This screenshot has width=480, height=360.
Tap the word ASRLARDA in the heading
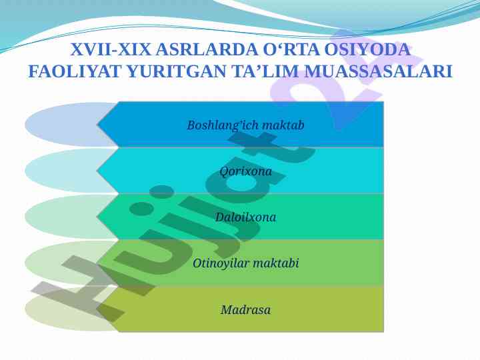207,49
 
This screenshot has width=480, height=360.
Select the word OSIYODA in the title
367,49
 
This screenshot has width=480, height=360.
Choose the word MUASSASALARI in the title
378,71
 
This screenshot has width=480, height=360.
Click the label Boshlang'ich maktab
245,125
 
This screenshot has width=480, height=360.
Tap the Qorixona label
245,171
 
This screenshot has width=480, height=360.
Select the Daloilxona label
245,217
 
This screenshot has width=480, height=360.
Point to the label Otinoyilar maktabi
245,263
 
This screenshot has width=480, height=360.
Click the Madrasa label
245,310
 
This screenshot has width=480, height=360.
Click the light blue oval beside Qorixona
61,171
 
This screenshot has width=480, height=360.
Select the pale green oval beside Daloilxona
61,217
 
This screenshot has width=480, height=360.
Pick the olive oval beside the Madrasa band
61,309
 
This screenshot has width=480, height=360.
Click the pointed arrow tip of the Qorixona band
97,171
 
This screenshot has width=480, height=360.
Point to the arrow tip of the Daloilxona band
97,217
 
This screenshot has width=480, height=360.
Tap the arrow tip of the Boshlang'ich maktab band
97,125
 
